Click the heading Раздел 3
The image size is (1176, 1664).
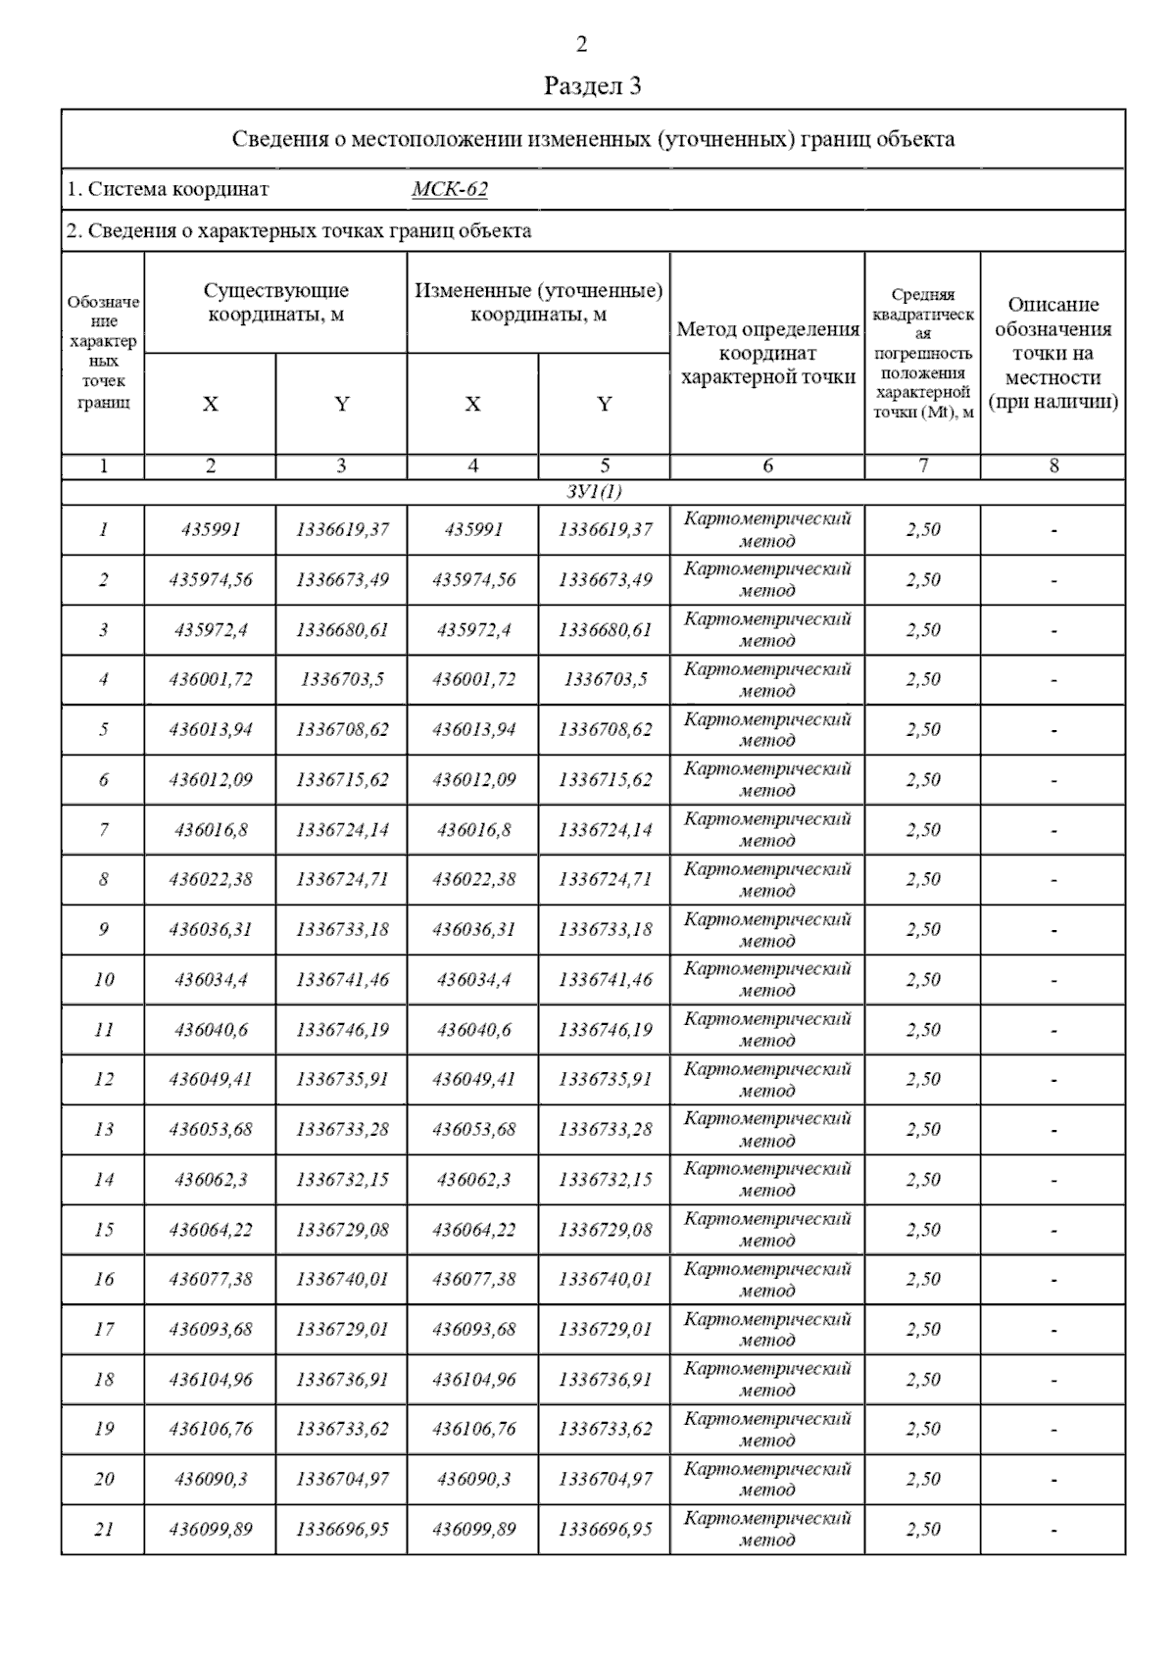coord(592,86)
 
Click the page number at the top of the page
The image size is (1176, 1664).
coord(582,44)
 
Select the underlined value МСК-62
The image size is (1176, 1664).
coord(449,189)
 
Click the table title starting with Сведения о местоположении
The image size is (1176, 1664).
coord(593,139)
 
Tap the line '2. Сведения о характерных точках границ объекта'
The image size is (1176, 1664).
coord(299,231)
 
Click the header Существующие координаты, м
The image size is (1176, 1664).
coord(275,303)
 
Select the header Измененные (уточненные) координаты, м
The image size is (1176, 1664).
coord(538,303)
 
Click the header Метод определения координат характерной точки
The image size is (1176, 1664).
coord(767,353)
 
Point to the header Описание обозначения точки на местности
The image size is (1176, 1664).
coord(1053,353)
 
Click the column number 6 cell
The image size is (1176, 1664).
coord(767,466)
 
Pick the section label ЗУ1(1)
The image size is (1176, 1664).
coord(593,492)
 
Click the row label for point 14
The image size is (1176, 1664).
coord(103,1180)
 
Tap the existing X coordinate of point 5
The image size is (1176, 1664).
coord(211,730)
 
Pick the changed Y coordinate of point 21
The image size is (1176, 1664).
coord(605,1530)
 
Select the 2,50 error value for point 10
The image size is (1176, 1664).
coord(922,980)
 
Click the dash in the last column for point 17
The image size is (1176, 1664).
coord(1053,1331)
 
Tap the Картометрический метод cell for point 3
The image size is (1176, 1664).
coord(767,630)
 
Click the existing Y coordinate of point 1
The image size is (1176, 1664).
coord(342,530)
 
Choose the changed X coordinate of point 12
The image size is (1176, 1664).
coord(473,1080)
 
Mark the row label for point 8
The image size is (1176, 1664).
coord(103,880)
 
